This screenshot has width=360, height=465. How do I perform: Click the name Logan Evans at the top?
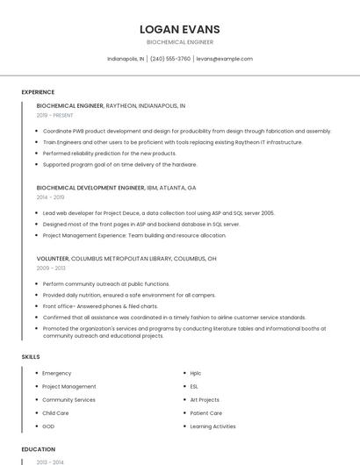(180, 29)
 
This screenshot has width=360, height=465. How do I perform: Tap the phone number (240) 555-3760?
(170, 59)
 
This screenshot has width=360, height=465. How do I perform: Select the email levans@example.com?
(224, 59)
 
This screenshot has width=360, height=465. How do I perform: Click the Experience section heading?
(38, 92)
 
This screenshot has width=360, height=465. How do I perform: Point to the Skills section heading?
(31, 357)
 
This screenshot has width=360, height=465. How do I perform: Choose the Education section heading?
(38, 449)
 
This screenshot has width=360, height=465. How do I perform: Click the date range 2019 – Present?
(55, 115)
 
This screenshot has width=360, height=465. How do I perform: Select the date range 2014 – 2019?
(50, 197)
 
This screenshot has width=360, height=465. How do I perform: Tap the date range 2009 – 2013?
(51, 268)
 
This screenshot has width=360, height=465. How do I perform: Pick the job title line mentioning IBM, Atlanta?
(116, 188)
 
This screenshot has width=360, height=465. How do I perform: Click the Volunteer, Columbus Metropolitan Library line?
(126, 259)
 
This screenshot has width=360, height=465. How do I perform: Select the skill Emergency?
(57, 373)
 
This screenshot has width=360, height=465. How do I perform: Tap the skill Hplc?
(196, 373)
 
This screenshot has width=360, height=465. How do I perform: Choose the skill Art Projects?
(205, 399)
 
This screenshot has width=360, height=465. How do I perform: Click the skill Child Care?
(55, 412)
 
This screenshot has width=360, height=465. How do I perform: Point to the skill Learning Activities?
(212, 426)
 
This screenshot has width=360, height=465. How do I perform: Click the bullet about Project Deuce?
(158, 213)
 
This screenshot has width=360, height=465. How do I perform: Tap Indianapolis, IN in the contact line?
(126, 59)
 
